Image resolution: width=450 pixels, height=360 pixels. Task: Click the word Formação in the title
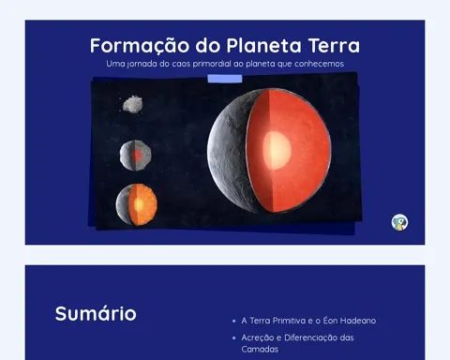pos(140,46)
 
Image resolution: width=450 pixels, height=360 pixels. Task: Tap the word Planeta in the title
pos(263,45)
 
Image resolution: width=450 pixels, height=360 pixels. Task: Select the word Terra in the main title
pos(334,45)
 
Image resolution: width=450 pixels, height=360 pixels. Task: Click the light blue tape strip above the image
pos(225,79)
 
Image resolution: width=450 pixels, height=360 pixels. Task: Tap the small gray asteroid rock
pos(132,104)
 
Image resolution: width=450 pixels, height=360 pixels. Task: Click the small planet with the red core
pos(135,155)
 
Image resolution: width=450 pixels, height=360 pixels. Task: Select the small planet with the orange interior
pos(137,204)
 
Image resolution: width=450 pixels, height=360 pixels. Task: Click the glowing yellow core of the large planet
pos(277,150)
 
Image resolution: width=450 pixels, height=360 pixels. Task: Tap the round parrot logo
pos(399,222)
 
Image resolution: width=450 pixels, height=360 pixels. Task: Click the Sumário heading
pos(96,313)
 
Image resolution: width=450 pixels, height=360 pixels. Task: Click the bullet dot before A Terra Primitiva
pos(234,321)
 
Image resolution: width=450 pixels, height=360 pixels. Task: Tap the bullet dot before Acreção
pos(234,337)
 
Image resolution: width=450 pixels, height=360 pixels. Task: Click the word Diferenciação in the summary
pos(311,337)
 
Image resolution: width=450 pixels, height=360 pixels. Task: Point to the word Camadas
pos(260,349)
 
